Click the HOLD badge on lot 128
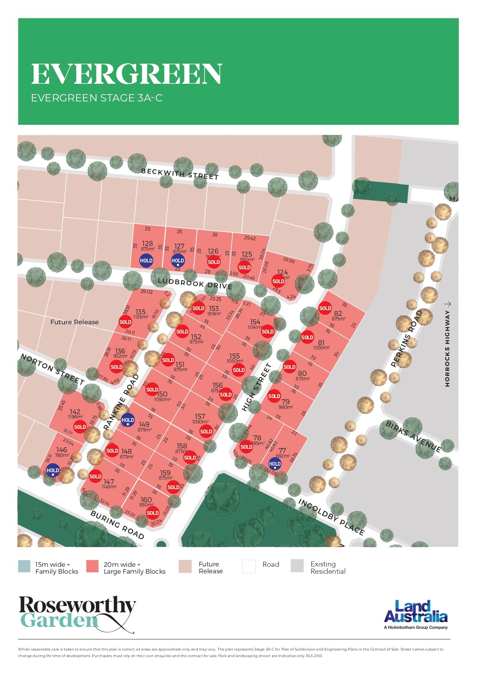[x=146, y=261]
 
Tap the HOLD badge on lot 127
[x=178, y=261]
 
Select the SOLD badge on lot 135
[x=125, y=322]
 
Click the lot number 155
[x=234, y=356]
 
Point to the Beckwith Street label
[x=179, y=174]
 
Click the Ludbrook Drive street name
[x=195, y=284]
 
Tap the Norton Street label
[x=52, y=369]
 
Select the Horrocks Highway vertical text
[x=447, y=348]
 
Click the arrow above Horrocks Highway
[x=447, y=304]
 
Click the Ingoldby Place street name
[x=331, y=517]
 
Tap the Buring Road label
[x=117, y=525]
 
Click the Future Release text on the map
[x=75, y=322]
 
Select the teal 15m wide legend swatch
[x=24, y=566]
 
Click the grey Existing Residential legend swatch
[x=297, y=566]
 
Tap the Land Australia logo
[x=416, y=614]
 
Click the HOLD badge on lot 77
[x=274, y=464]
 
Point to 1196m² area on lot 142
[x=75, y=417]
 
